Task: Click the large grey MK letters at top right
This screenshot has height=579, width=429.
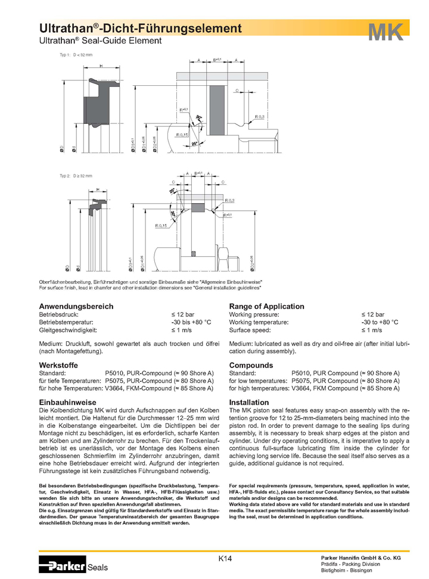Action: coord(386,32)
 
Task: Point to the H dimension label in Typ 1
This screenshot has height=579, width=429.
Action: coord(101,66)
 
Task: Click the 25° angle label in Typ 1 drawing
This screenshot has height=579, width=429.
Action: coord(195,143)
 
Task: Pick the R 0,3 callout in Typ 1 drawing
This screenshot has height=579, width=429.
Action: coord(260,116)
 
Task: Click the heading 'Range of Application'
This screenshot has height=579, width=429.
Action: coord(266,306)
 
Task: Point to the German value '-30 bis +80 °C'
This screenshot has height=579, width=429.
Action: coord(191,322)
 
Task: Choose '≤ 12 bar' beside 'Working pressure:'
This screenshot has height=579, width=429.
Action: coord(373,314)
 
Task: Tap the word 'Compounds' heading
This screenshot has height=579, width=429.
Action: coord(251,363)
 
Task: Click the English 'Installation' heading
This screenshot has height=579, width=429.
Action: coord(249,403)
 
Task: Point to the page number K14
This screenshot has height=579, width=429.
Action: coord(225,558)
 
